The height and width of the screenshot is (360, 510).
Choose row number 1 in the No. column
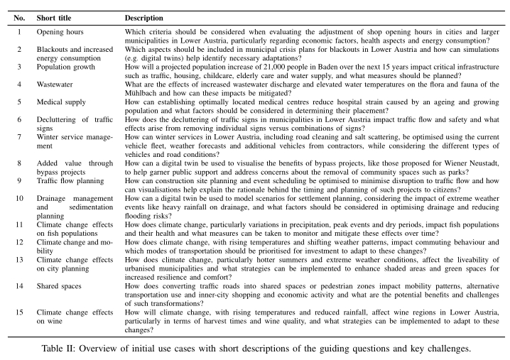(x=19, y=32)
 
